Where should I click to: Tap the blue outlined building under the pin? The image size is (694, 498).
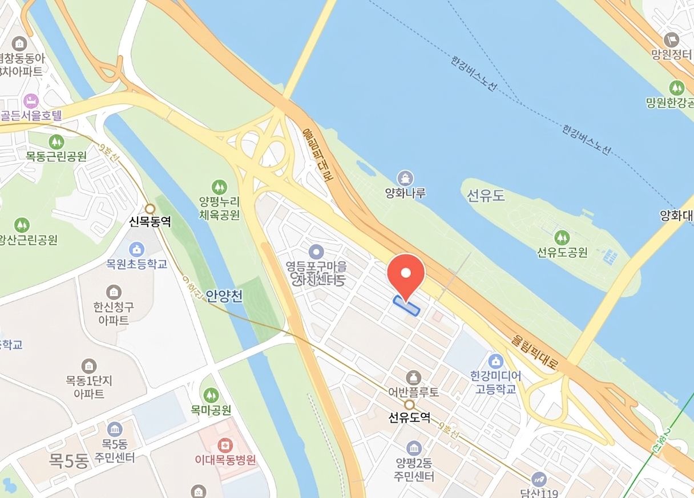tap(407, 305)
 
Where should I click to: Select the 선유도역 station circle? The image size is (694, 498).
tap(409, 404)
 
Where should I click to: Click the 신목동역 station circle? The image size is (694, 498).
tap(150, 209)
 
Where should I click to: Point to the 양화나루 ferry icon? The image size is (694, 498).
tap(405, 178)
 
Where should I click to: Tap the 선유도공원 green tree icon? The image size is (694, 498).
tap(562, 237)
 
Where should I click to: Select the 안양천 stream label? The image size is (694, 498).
tap(224, 295)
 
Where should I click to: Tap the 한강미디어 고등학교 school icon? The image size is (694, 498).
tap(495, 361)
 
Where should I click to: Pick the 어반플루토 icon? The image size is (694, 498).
tap(414, 377)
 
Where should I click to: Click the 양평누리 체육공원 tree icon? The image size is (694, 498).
tap(219, 187)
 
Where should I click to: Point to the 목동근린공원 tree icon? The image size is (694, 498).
tap(56, 141)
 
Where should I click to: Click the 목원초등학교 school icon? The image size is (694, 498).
tap(136, 249)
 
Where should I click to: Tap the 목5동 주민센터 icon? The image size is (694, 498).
tap(114, 428)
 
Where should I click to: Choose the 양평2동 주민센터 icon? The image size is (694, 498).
tap(414, 448)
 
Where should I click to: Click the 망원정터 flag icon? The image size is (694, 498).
tap(671, 40)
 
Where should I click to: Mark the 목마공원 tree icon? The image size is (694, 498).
tap(211, 394)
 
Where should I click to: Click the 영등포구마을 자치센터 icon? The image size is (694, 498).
tap(316, 252)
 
